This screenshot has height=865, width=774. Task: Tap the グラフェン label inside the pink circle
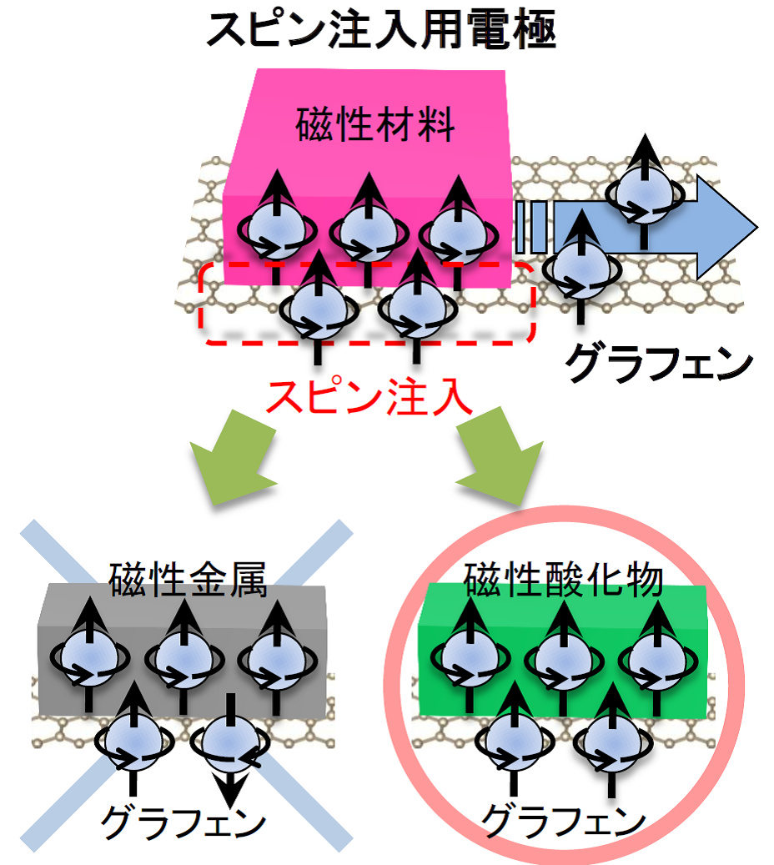click(564, 822)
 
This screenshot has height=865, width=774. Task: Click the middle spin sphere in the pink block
click(366, 230)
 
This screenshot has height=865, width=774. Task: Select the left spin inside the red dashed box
click(318, 309)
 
